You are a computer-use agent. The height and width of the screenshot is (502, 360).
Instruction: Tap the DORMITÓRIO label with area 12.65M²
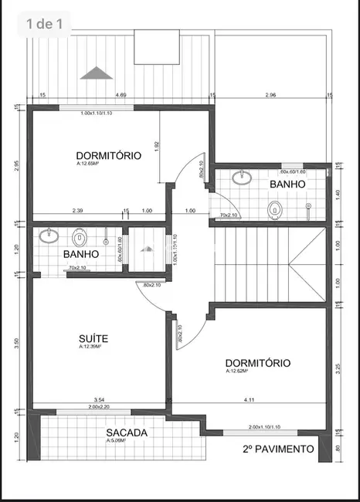coord(109,155)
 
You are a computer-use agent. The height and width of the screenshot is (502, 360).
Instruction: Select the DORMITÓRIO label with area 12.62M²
coord(258,363)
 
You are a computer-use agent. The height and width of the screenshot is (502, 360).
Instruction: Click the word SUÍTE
coord(93,338)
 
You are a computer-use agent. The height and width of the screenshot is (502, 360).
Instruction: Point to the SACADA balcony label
coord(127,433)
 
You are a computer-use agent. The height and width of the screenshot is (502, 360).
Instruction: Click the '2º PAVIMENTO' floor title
coord(278,449)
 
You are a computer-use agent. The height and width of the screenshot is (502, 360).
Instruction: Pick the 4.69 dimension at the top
coord(121,95)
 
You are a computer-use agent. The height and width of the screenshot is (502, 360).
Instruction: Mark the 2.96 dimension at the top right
coord(270,95)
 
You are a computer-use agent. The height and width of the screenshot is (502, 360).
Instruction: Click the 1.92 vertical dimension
coord(156,145)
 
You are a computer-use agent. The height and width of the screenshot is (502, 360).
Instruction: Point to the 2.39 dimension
coord(78,211)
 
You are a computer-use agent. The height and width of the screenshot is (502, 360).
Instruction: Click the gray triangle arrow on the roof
coord(96,73)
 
